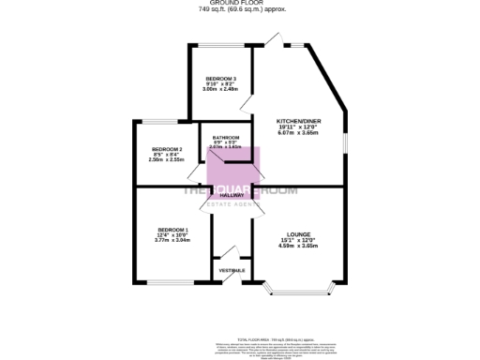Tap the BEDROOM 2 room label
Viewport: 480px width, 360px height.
(167, 150)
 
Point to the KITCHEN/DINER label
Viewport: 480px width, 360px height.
(298, 122)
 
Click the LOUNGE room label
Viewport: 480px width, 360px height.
(299, 234)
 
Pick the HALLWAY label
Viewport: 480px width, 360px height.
(232, 195)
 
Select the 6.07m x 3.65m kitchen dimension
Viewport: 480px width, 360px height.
(298, 133)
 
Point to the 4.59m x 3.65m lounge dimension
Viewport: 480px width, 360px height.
(299, 246)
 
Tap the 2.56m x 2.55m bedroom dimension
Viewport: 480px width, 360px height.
(167, 160)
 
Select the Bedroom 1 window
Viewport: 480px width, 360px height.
(168, 282)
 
